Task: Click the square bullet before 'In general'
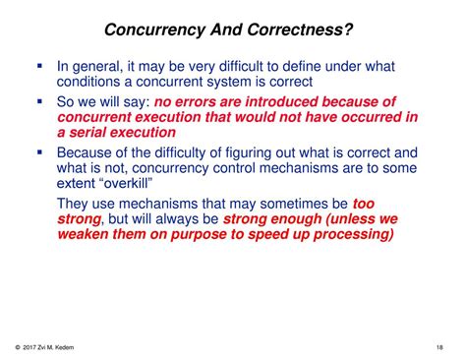[39, 65]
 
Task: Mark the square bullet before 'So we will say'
[39, 100]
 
